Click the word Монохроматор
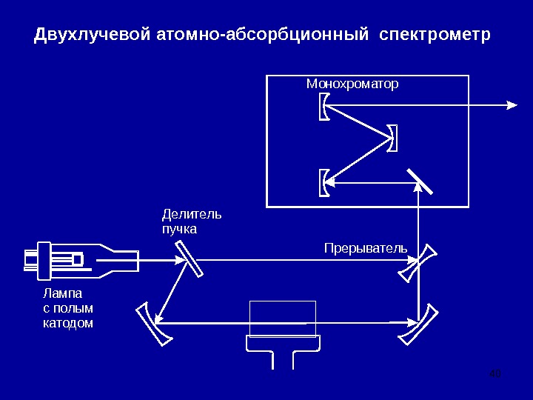352,84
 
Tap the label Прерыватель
366,247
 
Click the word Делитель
191,214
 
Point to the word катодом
68,323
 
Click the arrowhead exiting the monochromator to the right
512,105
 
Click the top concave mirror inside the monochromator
324,106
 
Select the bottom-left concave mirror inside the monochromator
324,183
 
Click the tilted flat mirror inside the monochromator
419,181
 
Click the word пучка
179,229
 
